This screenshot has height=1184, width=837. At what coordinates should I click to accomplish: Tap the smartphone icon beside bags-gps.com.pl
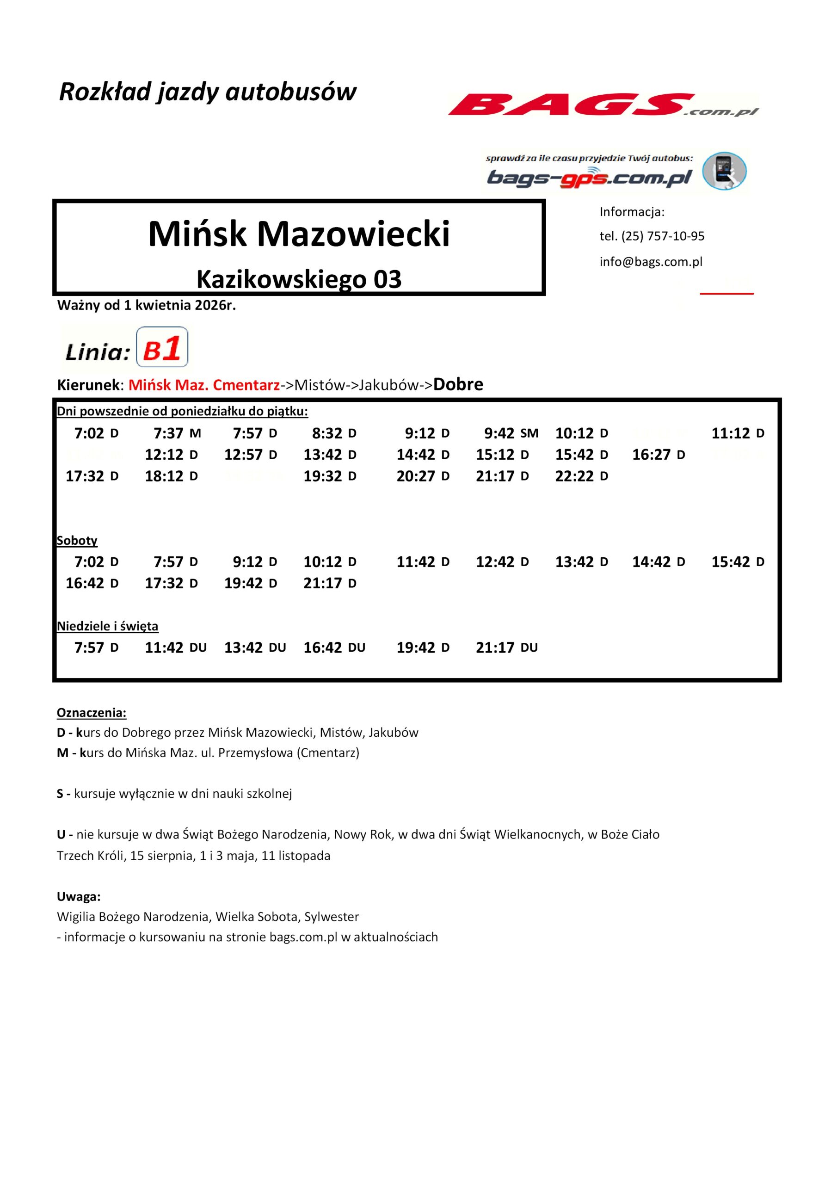pyautogui.click(x=724, y=171)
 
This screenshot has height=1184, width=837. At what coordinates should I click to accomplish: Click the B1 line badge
pyautogui.click(x=162, y=347)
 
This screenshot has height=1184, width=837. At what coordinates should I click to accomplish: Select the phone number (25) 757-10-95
pyautogui.click(x=663, y=236)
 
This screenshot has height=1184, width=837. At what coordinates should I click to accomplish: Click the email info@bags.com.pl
pyautogui.click(x=651, y=262)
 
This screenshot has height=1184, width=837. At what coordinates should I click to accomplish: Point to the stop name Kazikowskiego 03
pyautogui.click(x=299, y=279)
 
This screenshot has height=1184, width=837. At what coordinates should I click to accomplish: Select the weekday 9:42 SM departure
pyautogui.click(x=511, y=433)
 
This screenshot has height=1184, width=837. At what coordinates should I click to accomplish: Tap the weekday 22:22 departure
pyautogui.click(x=581, y=476)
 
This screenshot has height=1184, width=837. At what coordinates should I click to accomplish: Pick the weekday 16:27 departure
pyautogui.click(x=658, y=454)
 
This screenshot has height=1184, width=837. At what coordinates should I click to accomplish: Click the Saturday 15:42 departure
pyautogui.click(x=738, y=561)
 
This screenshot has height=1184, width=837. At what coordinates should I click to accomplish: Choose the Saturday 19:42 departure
pyautogui.click(x=250, y=583)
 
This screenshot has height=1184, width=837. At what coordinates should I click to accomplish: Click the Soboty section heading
pyautogui.click(x=77, y=541)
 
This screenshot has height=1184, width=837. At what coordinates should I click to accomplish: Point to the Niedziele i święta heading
pyautogui.click(x=107, y=626)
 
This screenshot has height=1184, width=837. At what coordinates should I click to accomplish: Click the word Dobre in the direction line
pyautogui.click(x=458, y=385)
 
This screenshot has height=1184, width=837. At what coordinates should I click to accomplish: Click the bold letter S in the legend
pyautogui.click(x=60, y=794)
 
